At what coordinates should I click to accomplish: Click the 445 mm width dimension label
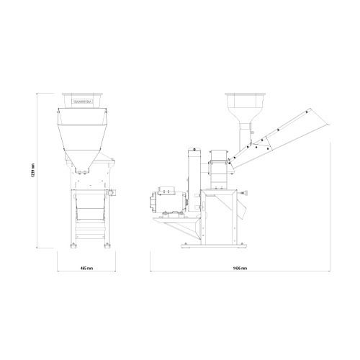87,267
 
